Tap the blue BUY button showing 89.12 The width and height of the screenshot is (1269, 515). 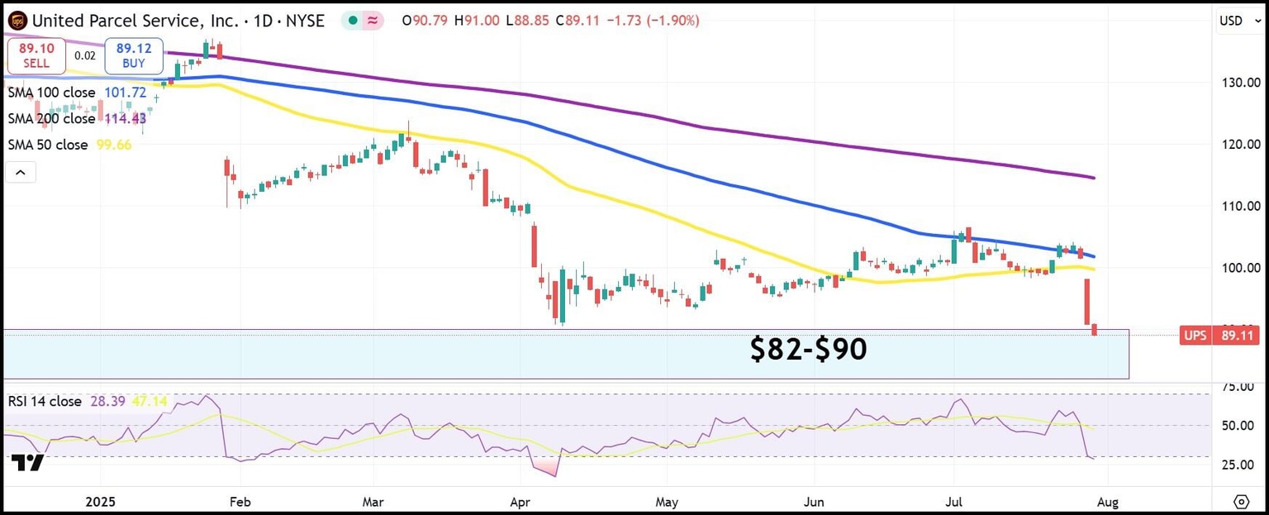133,56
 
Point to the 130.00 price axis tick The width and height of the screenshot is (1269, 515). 1236,83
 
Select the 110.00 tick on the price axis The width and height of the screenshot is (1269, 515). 1236,206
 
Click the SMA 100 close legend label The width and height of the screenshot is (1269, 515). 51,93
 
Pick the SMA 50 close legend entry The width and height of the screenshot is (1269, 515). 48,145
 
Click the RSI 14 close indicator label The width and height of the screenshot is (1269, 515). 45,401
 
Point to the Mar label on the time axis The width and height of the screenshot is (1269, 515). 373,502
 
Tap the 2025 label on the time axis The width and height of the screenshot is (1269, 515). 100,502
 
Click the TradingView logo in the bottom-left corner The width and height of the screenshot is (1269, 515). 28,463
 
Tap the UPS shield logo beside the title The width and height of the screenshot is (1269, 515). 18,21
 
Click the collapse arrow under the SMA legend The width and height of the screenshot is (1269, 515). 21,173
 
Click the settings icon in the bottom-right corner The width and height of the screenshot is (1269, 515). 1241,502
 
